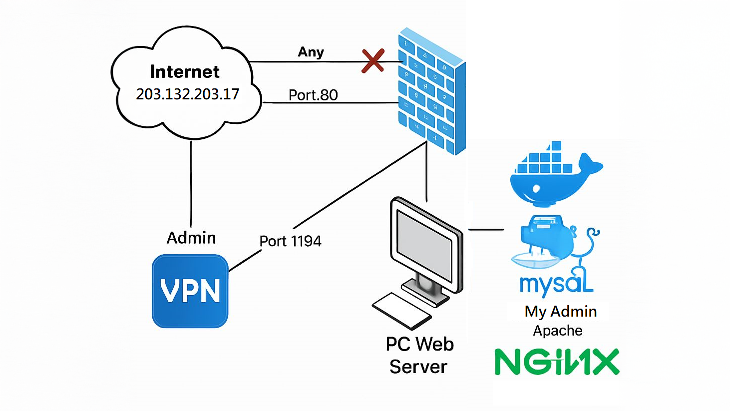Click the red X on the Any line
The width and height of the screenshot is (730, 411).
click(x=373, y=61)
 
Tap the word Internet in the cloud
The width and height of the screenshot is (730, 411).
click(x=185, y=72)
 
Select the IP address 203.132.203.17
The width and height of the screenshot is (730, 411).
click(x=188, y=94)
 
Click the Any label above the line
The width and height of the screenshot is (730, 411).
click(x=311, y=52)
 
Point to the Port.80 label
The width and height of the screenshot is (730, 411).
click(x=313, y=95)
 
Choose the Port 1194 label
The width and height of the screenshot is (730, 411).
click(x=290, y=241)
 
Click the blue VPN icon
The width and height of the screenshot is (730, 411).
click(x=190, y=291)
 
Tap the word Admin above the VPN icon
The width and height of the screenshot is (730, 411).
click(x=191, y=238)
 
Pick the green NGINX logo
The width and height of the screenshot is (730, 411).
click(x=557, y=362)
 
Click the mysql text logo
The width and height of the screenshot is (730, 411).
click(x=556, y=283)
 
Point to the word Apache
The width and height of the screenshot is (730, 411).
click(x=558, y=331)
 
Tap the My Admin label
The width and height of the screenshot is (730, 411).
click(x=561, y=312)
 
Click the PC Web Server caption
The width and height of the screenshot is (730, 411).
click(x=419, y=355)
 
